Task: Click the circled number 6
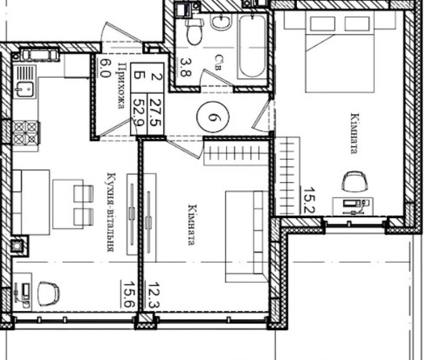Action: pos(212,117)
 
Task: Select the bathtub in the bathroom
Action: pos(252,46)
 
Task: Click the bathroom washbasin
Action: pos(221,22)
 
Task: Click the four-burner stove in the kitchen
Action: pos(26,133)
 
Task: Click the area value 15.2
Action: pos(309,200)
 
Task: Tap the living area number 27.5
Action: pos(156,112)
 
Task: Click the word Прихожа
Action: pos(122,85)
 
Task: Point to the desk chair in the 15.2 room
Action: pos(354,182)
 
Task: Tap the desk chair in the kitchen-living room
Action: pos(48,294)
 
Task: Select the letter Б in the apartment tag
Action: pos(139,75)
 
